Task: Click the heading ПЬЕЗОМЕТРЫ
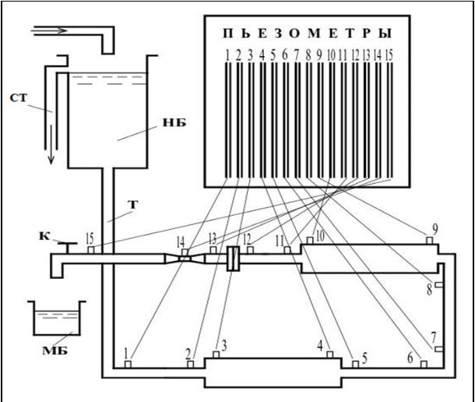(x=307, y=34)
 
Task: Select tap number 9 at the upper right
(x=435, y=230)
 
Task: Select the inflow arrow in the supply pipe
(x=55, y=31)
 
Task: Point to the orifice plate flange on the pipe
(x=231, y=259)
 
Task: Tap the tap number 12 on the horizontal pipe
(x=247, y=238)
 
